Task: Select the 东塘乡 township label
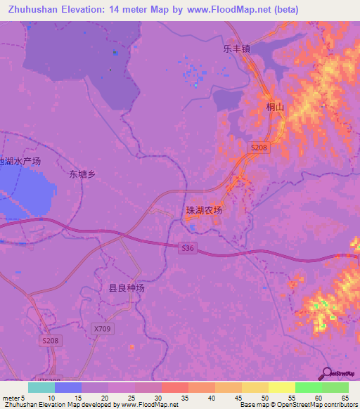coord(82,174)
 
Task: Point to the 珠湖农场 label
coord(203,211)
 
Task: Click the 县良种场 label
coord(126,288)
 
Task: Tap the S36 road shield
coord(187,248)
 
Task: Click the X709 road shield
coord(102,328)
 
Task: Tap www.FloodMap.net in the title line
coord(229,10)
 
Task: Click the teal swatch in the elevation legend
coord(41,387)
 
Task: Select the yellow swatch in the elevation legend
coord(281,387)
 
